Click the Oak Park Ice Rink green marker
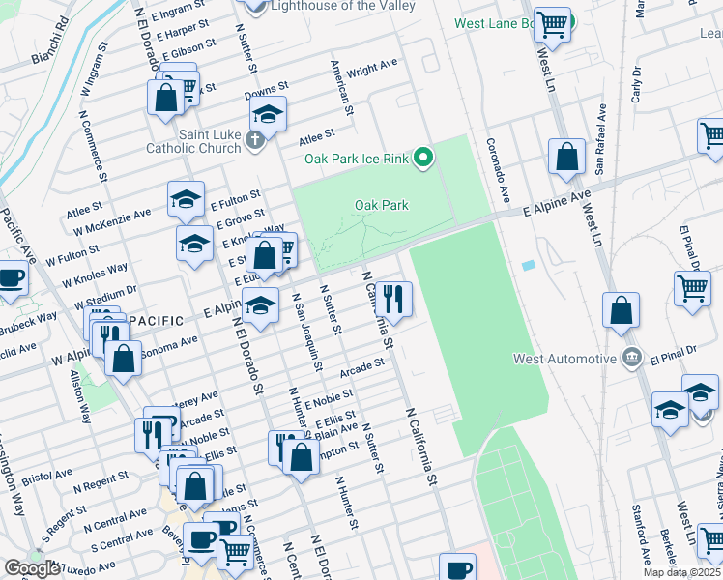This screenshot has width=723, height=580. [422, 158]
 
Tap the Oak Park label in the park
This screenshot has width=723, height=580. [381, 205]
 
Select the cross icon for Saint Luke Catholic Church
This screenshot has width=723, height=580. [255, 142]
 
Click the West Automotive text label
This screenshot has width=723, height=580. [564, 359]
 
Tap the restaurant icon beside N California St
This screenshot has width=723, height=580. [397, 298]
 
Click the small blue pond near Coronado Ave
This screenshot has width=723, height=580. [527, 265]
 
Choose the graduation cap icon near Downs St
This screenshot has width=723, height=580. [269, 114]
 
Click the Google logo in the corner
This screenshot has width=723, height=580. [32, 568]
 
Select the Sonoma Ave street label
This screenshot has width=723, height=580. [169, 345]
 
